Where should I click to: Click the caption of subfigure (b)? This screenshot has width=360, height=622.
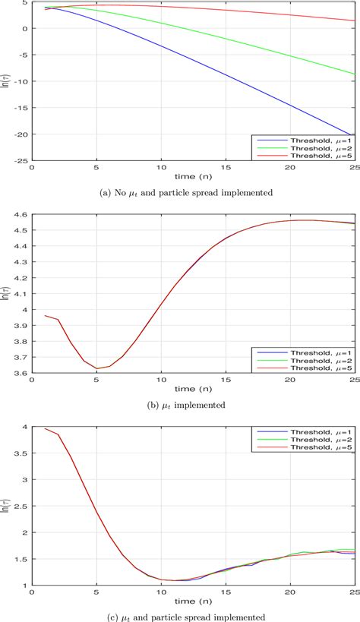[x=191, y=405]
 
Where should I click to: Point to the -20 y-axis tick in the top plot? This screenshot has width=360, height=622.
[x=21, y=134]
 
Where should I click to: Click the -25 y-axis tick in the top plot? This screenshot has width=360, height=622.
[x=21, y=161]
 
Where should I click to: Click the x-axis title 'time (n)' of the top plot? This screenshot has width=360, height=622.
[x=191, y=177]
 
